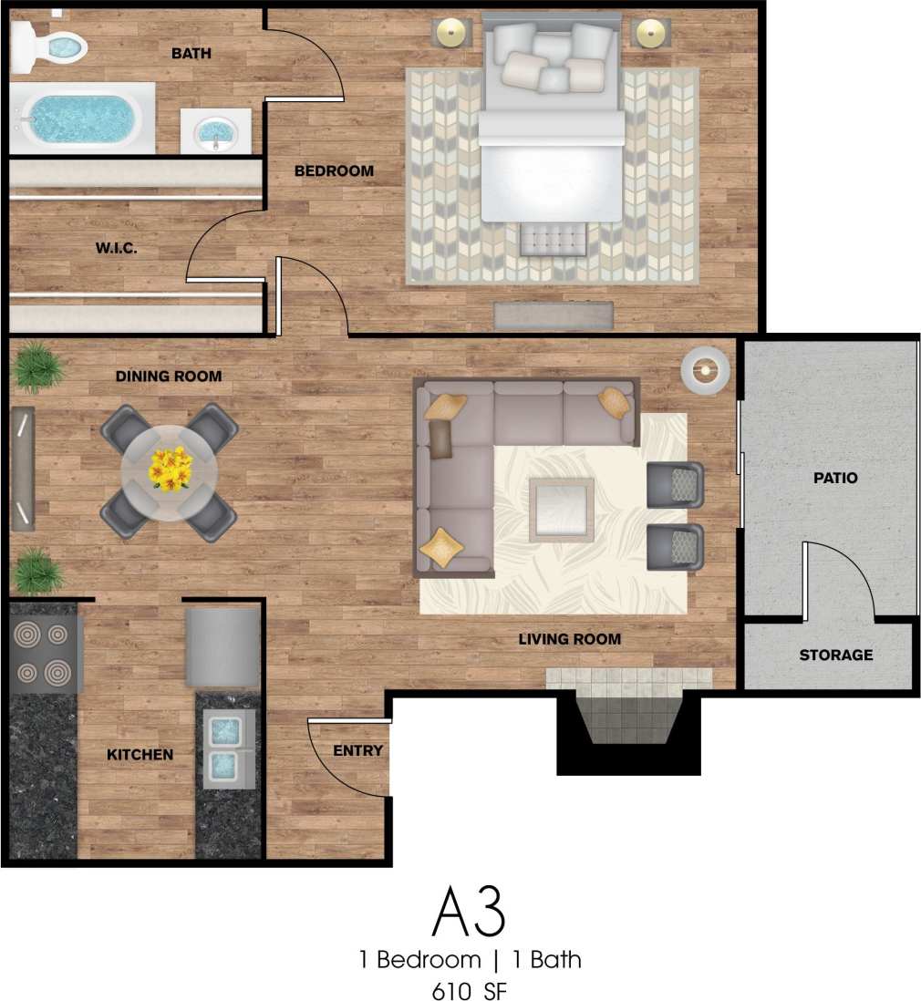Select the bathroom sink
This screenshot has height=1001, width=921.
(x=215, y=131)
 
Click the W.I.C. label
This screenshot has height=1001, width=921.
(x=117, y=248)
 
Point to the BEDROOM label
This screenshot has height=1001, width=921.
(x=334, y=170)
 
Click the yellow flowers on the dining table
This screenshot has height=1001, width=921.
(x=171, y=468)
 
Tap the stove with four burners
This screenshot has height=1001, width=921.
(x=45, y=654)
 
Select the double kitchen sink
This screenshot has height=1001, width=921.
(x=223, y=749)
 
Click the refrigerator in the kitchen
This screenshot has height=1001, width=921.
(x=222, y=647)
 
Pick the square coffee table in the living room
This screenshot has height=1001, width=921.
(x=561, y=509)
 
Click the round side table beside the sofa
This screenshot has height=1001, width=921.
(x=705, y=371)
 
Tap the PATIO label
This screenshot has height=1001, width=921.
(x=836, y=477)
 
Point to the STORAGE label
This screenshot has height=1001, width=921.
(x=835, y=655)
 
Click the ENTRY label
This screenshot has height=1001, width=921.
(x=357, y=750)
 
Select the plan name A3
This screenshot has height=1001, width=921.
(x=469, y=911)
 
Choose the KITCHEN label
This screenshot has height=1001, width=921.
(x=140, y=754)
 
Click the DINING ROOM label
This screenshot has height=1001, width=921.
(x=168, y=376)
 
